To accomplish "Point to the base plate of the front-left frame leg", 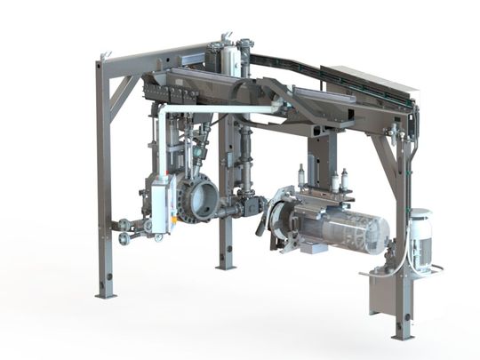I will (106, 293).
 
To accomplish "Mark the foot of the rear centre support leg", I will (227, 265).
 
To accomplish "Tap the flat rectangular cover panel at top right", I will (368, 80).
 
